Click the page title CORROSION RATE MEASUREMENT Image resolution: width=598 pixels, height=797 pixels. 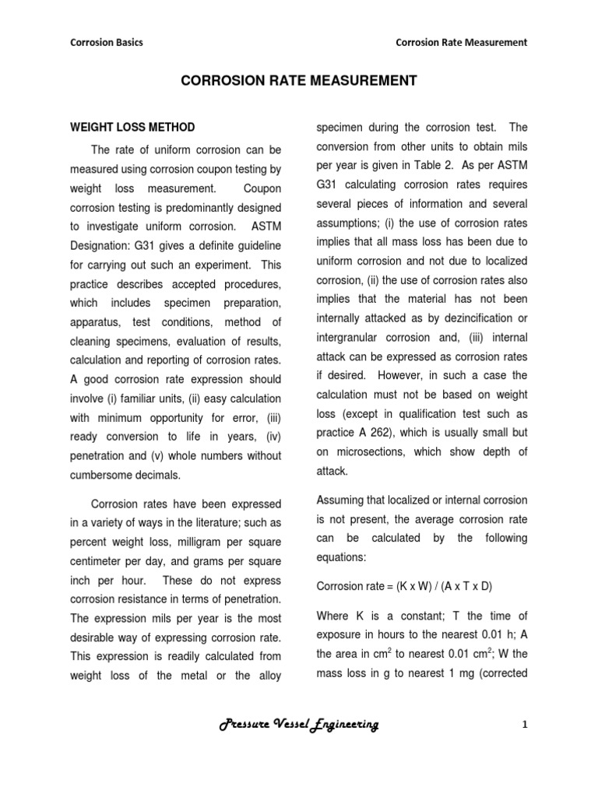pyautogui.click(x=299, y=80)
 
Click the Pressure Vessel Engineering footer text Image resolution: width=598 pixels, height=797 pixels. pyautogui.click(x=299, y=725)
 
